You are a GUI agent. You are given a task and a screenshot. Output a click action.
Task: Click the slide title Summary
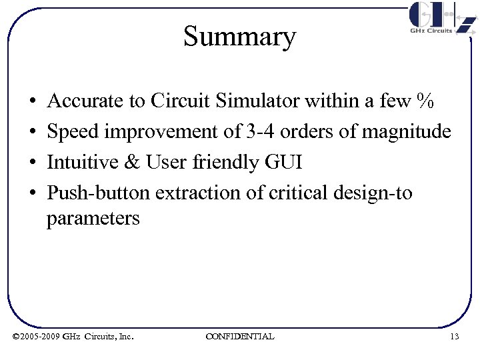(x=239, y=37)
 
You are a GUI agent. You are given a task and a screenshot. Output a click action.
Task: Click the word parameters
(x=93, y=219)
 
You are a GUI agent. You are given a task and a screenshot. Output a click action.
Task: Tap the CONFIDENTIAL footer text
(x=240, y=336)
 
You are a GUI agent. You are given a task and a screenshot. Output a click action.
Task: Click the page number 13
(x=455, y=336)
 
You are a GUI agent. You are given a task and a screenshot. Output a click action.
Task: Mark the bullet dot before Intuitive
(x=33, y=163)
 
